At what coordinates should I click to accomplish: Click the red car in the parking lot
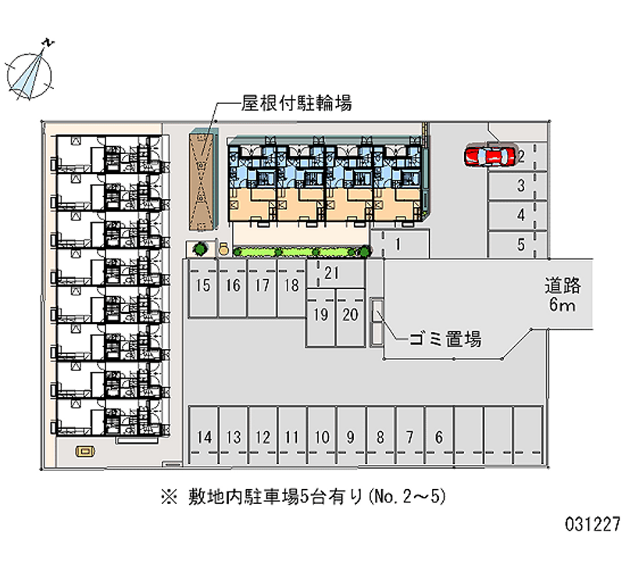pos(489,156)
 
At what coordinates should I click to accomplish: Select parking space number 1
pos(398,244)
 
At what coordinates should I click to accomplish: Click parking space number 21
pos(331,273)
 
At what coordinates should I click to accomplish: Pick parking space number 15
pos(203,286)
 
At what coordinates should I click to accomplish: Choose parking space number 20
pos(350,316)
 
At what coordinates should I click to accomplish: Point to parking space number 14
pos(205,438)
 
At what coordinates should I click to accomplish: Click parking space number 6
pos(439,438)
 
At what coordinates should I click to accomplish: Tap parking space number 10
pos(321,438)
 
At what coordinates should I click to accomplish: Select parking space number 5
pos(520,245)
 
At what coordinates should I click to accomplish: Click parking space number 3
pos(520,186)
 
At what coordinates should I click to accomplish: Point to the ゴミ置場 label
pos(444,339)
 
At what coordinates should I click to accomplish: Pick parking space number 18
pos(291,286)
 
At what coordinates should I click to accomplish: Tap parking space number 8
pos(380,438)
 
